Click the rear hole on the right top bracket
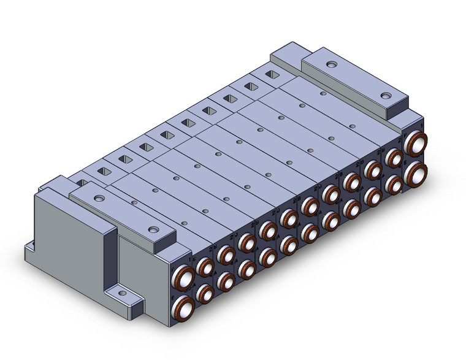tap(331, 64)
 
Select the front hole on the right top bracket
tap(385, 96)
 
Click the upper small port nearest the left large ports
tap(205, 266)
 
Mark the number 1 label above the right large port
tap(423, 126)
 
